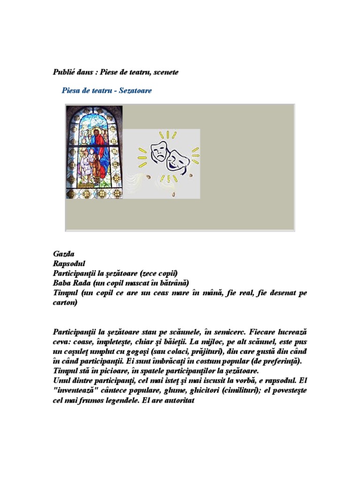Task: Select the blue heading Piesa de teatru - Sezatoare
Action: tap(106, 90)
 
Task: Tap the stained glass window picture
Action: tap(94, 152)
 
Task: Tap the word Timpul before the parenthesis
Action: tap(66, 292)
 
